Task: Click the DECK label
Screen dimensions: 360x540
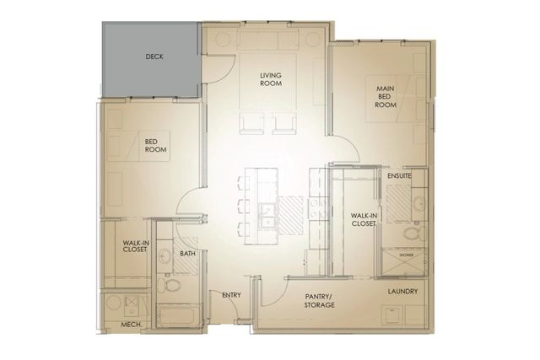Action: click(154, 57)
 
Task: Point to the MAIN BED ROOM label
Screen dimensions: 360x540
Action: click(386, 95)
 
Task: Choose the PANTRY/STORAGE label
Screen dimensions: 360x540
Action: click(320, 300)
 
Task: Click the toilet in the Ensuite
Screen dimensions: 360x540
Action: click(411, 233)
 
